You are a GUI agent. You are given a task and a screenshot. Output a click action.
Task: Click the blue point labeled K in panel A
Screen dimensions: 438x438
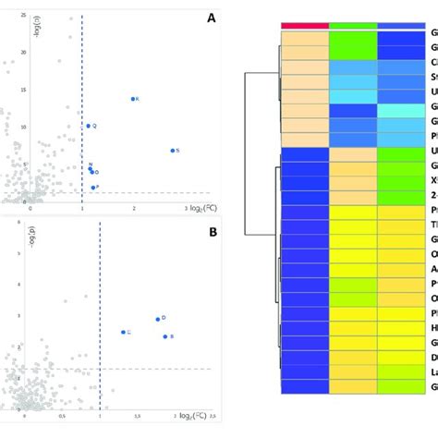pyautogui.click(x=133, y=99)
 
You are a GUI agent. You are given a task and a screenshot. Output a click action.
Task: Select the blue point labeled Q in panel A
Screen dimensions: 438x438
pyautogui.click(x=89, y=126)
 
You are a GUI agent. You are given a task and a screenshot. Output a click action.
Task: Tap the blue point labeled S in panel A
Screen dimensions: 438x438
pyautogui.click(x=173, y=150)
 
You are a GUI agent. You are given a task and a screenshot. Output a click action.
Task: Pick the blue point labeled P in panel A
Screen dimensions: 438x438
pyautogui.click(x=92, y=188)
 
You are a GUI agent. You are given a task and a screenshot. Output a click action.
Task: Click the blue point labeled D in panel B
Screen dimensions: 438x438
pyautogui.click(x=158, y=319)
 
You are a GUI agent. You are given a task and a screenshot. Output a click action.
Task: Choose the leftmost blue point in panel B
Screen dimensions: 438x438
pyautogui.click(x=123, y=332)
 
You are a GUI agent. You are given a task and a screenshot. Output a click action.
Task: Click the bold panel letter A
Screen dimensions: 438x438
pyautogui.click(x=212, y=18)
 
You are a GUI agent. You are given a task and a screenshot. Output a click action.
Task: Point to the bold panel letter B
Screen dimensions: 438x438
pyautogui.click(x=213, y=232)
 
